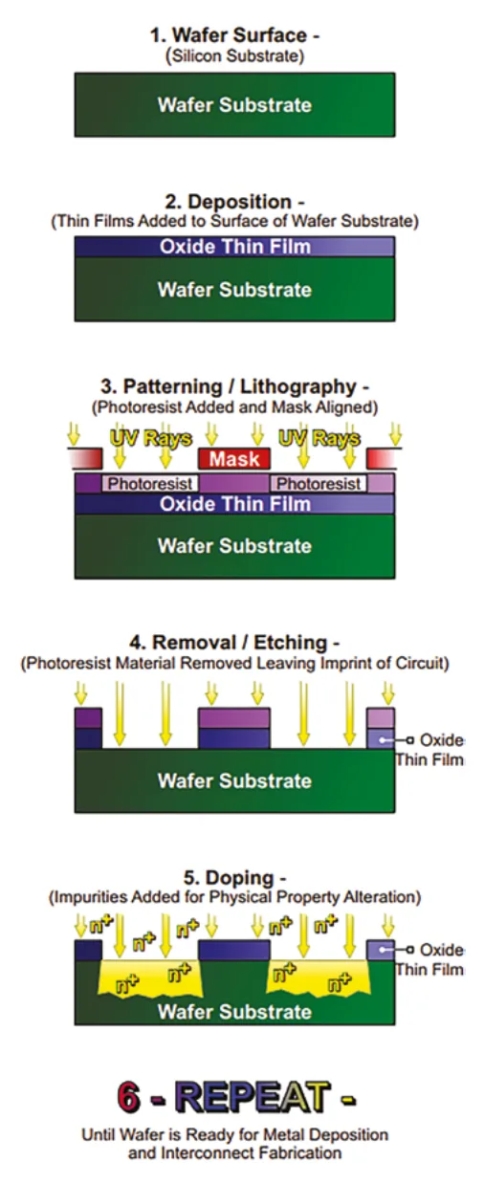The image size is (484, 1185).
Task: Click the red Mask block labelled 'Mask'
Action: point(234,459)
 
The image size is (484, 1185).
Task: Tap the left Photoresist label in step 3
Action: point(150,484)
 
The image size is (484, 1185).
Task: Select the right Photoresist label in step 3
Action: point(319,484)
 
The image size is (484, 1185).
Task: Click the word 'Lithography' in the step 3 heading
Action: point(297,386)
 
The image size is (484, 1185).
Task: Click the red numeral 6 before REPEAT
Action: point(128,1097)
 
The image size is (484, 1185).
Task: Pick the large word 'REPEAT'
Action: point(252,1097)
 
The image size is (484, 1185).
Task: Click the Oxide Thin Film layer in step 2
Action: point(235,247)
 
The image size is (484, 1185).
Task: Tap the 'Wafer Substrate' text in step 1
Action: point(235,105)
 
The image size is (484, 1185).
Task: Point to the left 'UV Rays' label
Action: point(151,438)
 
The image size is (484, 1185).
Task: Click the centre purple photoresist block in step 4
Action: point(234,718)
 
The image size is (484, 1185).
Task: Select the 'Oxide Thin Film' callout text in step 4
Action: point(430,750)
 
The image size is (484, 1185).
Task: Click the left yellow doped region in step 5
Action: point(151,978)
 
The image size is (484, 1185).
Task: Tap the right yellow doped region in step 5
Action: point(319,978)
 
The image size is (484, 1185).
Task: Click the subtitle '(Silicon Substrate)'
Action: point(235,55)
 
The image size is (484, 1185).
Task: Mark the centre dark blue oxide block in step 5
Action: point(234,950)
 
